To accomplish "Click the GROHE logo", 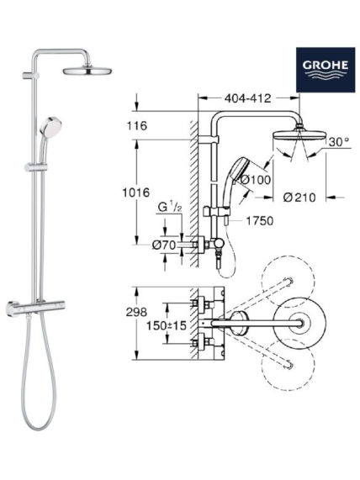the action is coord(326,70).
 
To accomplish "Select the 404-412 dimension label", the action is coord(248,98).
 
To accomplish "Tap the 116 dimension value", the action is coord(136,125).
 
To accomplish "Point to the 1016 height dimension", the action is coord(136,193).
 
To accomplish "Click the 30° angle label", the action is coord(339,142).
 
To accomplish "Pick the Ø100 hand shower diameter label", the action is coord(256,180).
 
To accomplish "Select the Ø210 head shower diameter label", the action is coord(299,198).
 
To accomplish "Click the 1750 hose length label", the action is coord(260,220).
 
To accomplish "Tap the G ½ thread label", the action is coord(170,208).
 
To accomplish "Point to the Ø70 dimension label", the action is coord(164,245).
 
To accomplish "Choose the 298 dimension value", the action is coord(136,312).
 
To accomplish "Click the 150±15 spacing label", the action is coord(166,325).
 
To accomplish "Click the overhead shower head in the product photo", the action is coord(87,71).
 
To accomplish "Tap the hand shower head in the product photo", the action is coord(50,127).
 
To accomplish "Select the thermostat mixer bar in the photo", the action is coord(35,308).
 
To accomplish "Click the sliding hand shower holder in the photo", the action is coord(36,167).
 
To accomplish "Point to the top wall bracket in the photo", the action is coord(30,76).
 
